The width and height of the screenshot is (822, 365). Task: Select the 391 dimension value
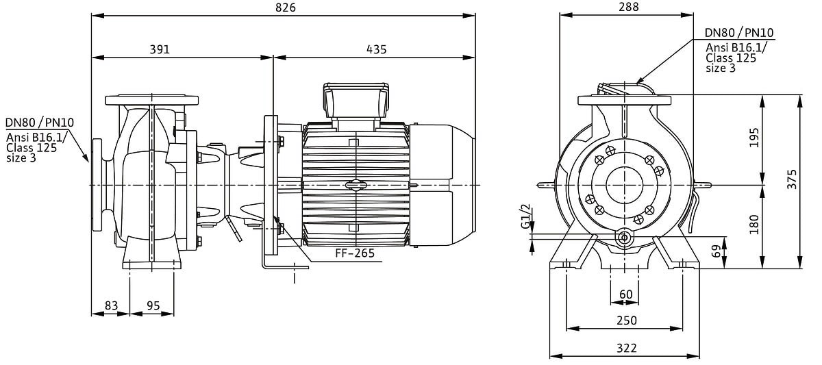pos(159,49)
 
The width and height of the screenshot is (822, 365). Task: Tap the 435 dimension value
pos(376,49)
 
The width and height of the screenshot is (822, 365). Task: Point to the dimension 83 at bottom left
pos(112,306)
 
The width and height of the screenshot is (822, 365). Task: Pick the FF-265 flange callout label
pos(354,253)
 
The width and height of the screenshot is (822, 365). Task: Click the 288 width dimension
pos(627,8)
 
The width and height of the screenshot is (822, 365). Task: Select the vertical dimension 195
pos(754,138)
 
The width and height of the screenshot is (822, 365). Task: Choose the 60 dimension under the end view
pos(626,294)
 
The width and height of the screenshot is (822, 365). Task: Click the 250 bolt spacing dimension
pos(626,320)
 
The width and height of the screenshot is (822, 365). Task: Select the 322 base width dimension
pos(626,348)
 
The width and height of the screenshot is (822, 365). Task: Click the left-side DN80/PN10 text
pos(40,123)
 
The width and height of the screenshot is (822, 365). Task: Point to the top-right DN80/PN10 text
pos(739,33)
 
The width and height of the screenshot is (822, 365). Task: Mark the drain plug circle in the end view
pos(624,238)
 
